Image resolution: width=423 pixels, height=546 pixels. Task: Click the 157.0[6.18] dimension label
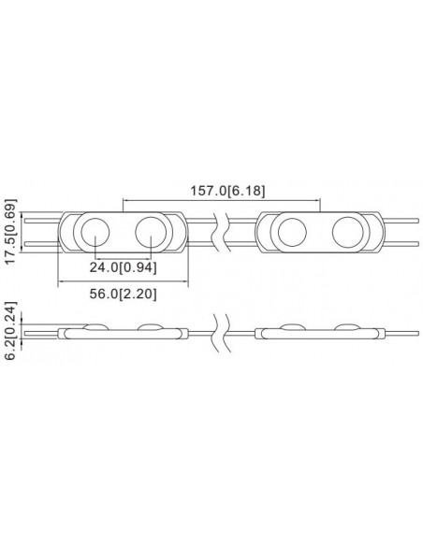pos(221,191)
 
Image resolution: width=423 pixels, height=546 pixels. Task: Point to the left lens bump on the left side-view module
pos(95,325)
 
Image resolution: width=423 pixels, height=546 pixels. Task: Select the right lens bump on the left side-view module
pos(150,325)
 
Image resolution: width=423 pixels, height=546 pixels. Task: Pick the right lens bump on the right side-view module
pos(347,325)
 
